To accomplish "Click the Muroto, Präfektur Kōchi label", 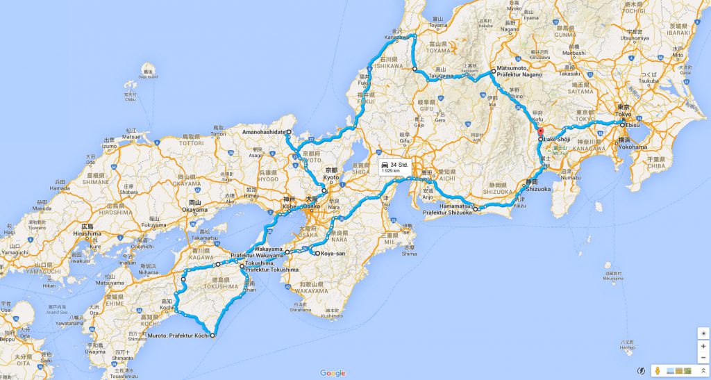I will pyautogui.click(x=177, y=336).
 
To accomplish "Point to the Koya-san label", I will pyautogui.click(x=333, y=254).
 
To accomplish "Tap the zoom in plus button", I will pyautogui.click(x=703, y=345).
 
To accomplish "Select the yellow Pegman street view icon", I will pyautogui.click(x=656, y=372).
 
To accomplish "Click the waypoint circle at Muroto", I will pyautogui.click(x=212, y=336).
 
